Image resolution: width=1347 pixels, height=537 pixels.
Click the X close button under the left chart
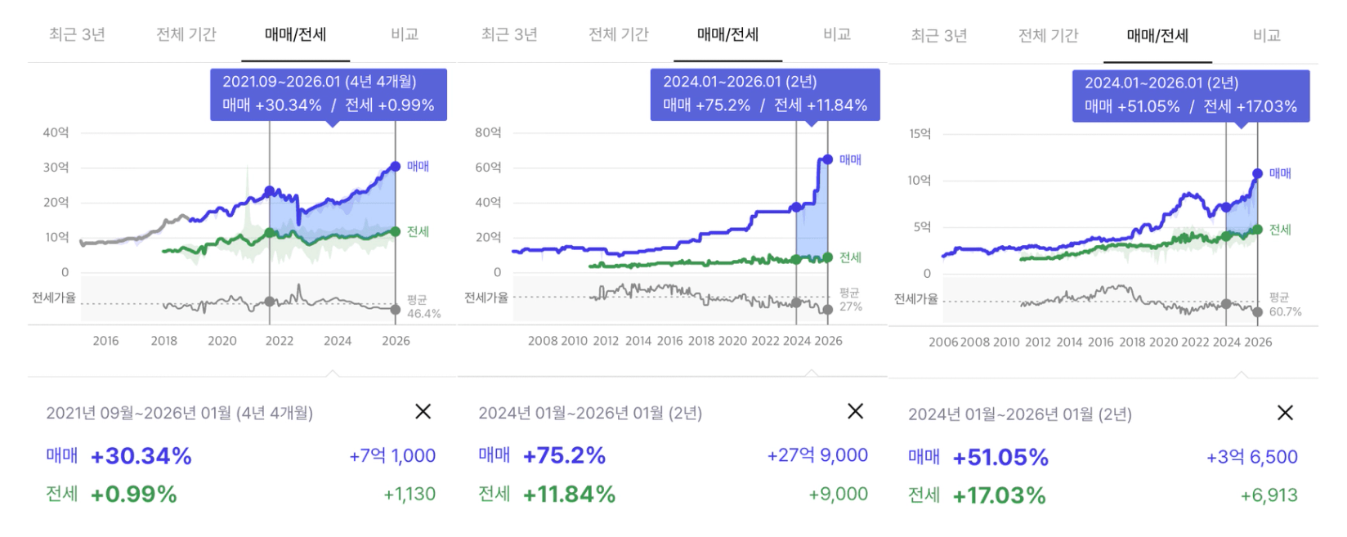point(423,411)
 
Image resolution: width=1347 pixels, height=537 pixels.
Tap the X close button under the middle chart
point(855,411)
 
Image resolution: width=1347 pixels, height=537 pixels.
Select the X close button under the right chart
point(1285,413)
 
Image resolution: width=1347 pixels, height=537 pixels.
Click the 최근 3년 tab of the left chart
point(77,34)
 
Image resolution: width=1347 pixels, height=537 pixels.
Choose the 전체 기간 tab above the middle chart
point(619,34)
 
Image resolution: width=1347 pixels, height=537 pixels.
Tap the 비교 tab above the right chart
point(1266,35)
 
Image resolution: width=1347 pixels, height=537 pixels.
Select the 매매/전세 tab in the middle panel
point(727,34)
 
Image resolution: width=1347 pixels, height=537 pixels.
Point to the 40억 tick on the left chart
point(56,132)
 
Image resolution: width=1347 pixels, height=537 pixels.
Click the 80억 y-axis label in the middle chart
point(488,132)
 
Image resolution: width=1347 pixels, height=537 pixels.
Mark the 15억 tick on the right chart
point(920,134)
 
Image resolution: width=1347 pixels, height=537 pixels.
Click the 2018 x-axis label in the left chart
point(163,341)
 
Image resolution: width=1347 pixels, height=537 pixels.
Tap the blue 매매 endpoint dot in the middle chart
point(827,159)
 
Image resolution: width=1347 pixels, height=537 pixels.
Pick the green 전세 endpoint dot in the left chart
point(396,231)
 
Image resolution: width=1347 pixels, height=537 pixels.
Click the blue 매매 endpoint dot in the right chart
point(1257,173)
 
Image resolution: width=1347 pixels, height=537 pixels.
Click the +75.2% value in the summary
point(564,455)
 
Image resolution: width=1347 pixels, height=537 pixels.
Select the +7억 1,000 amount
point(392,455)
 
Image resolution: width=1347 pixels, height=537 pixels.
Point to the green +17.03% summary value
point(999,495)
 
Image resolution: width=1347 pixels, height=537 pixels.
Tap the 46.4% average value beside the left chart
point(423,314)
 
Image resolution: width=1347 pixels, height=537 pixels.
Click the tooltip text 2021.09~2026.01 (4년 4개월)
point(320,82)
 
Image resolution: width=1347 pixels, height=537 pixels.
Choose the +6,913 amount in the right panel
point(1269,495)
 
